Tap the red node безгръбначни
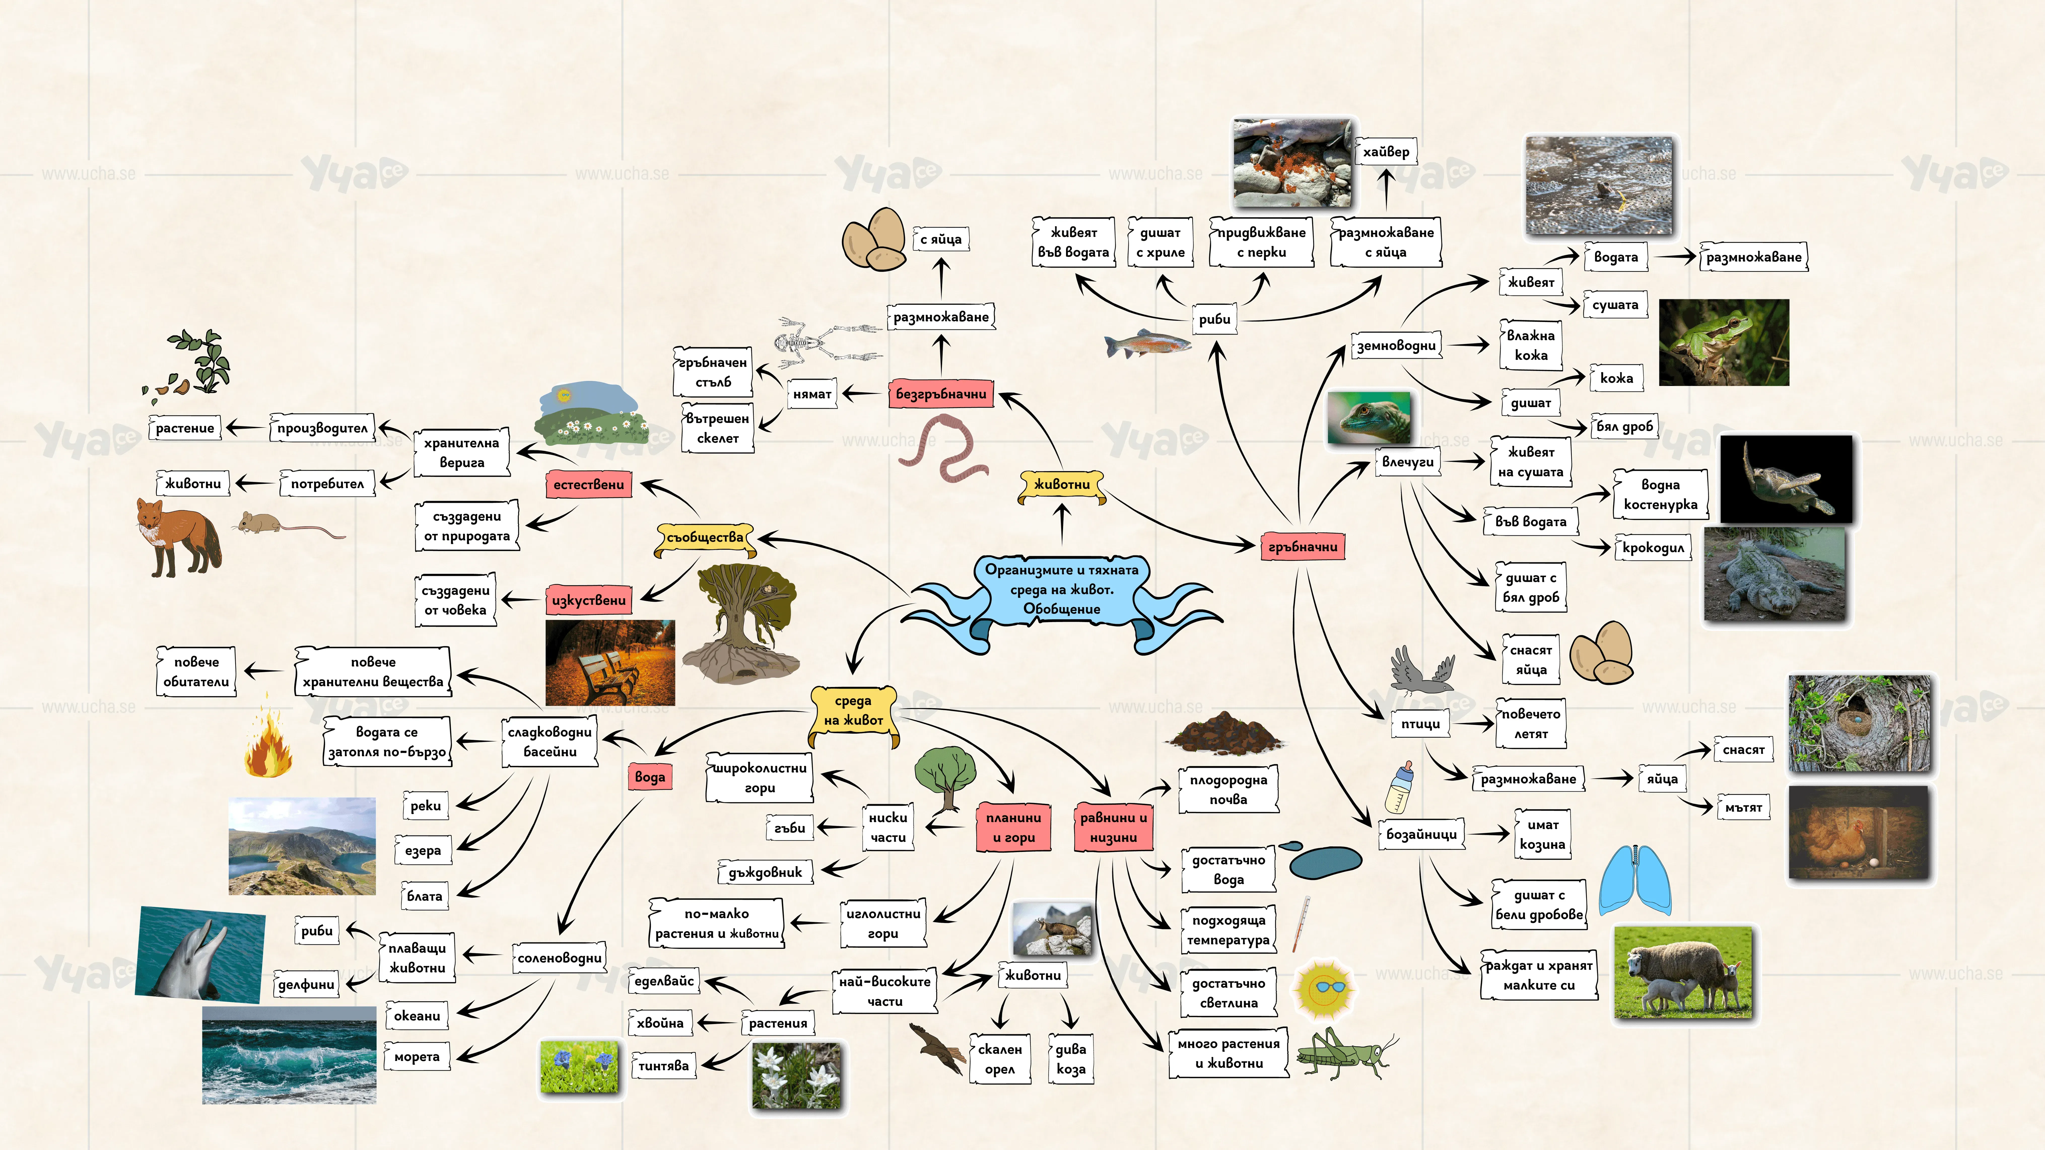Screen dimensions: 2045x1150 point(941,394)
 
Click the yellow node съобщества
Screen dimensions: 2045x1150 point(705,537)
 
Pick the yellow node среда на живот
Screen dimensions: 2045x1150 point(854,711)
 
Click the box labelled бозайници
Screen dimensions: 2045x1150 point(1421,834)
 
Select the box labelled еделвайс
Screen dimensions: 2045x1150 point(664,981)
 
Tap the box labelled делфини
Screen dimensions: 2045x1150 point(306,984)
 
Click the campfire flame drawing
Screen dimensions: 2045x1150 point(267,738)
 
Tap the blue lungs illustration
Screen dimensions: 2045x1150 point(1634,881)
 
